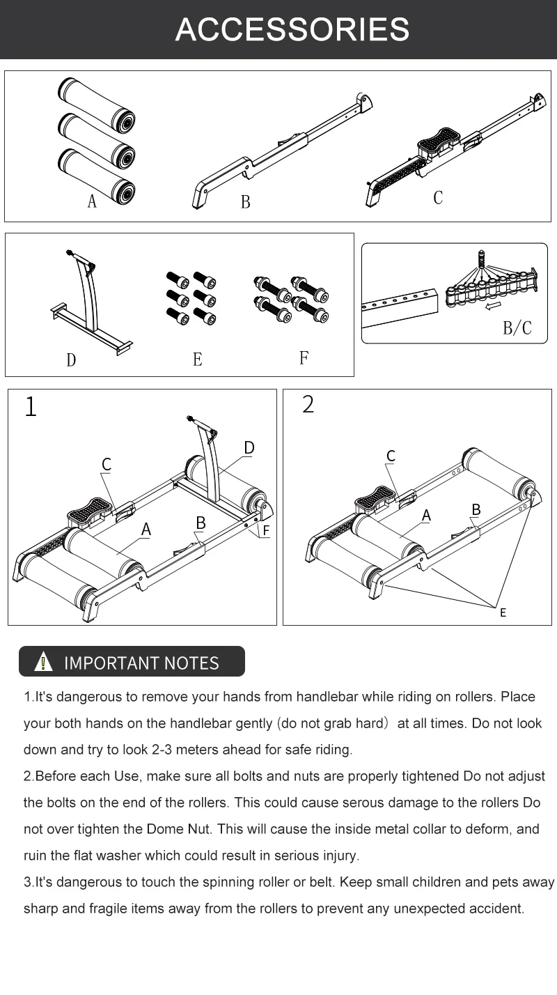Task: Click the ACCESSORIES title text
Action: pos(292,29)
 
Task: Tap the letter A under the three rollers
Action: pos(92,201)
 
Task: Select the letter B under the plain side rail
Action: pos(245,202)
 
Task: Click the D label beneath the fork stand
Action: pos(71,360)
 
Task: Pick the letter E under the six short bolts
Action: pos(198,360)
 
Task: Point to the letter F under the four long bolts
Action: pos(304,358)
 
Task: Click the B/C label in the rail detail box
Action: pos(517,327)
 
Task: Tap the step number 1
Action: pos(30,407)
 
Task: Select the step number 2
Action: pos(308,404)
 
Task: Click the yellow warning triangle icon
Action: pos(43,662)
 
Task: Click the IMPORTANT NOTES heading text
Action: pos(141,663)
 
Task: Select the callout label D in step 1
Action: pos(249,447)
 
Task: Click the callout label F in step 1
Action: pos(266,530)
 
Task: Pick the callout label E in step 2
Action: pos(503,612)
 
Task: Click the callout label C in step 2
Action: pos(391,456)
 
